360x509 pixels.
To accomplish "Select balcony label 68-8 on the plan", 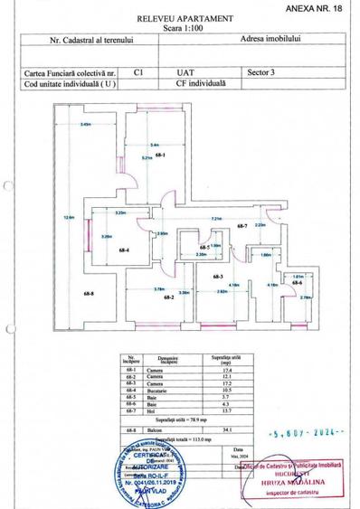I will click(65, 294).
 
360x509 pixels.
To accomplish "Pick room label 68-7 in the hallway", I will click(242, 226).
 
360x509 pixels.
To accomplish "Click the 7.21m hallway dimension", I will click(216, 219).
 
